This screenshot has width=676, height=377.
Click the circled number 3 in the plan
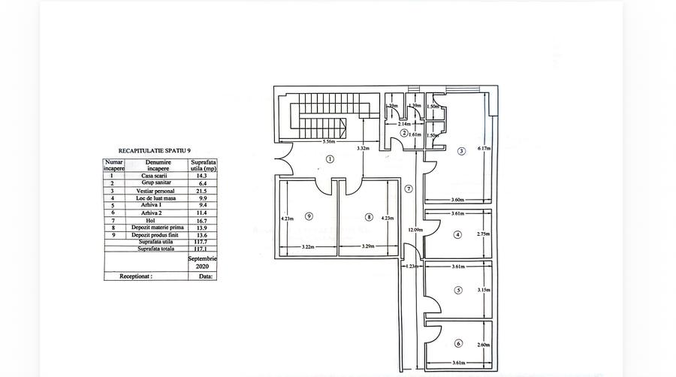[x=461, y=150]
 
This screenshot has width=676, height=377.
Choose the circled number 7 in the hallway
[x=409, y=188]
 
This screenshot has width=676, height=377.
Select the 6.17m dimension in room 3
[x=483, y=149]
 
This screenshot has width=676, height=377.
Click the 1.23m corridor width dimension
[x=412, y=267]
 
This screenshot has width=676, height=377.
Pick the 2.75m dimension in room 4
[x=483, y=234]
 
